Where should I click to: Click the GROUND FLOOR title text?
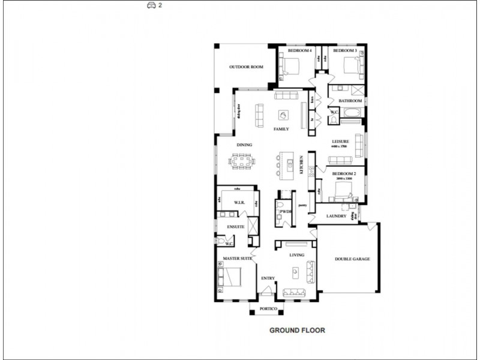coord(297,330)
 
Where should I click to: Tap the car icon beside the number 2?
coord(151,5)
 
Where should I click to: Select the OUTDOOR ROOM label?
coord(246,67)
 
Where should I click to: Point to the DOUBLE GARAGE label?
coord(352,259)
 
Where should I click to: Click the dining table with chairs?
coord(241,161)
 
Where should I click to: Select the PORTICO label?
coord(268,309)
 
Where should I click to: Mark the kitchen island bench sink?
coord(291,162)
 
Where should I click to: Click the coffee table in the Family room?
coord(282,115)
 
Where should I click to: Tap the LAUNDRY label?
coord(336,216)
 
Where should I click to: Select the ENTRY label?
coord(268,278)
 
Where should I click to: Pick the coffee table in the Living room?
coord(295,272)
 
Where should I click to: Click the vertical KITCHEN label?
coord(301,165)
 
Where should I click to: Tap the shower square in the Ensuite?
coord(253,227)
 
